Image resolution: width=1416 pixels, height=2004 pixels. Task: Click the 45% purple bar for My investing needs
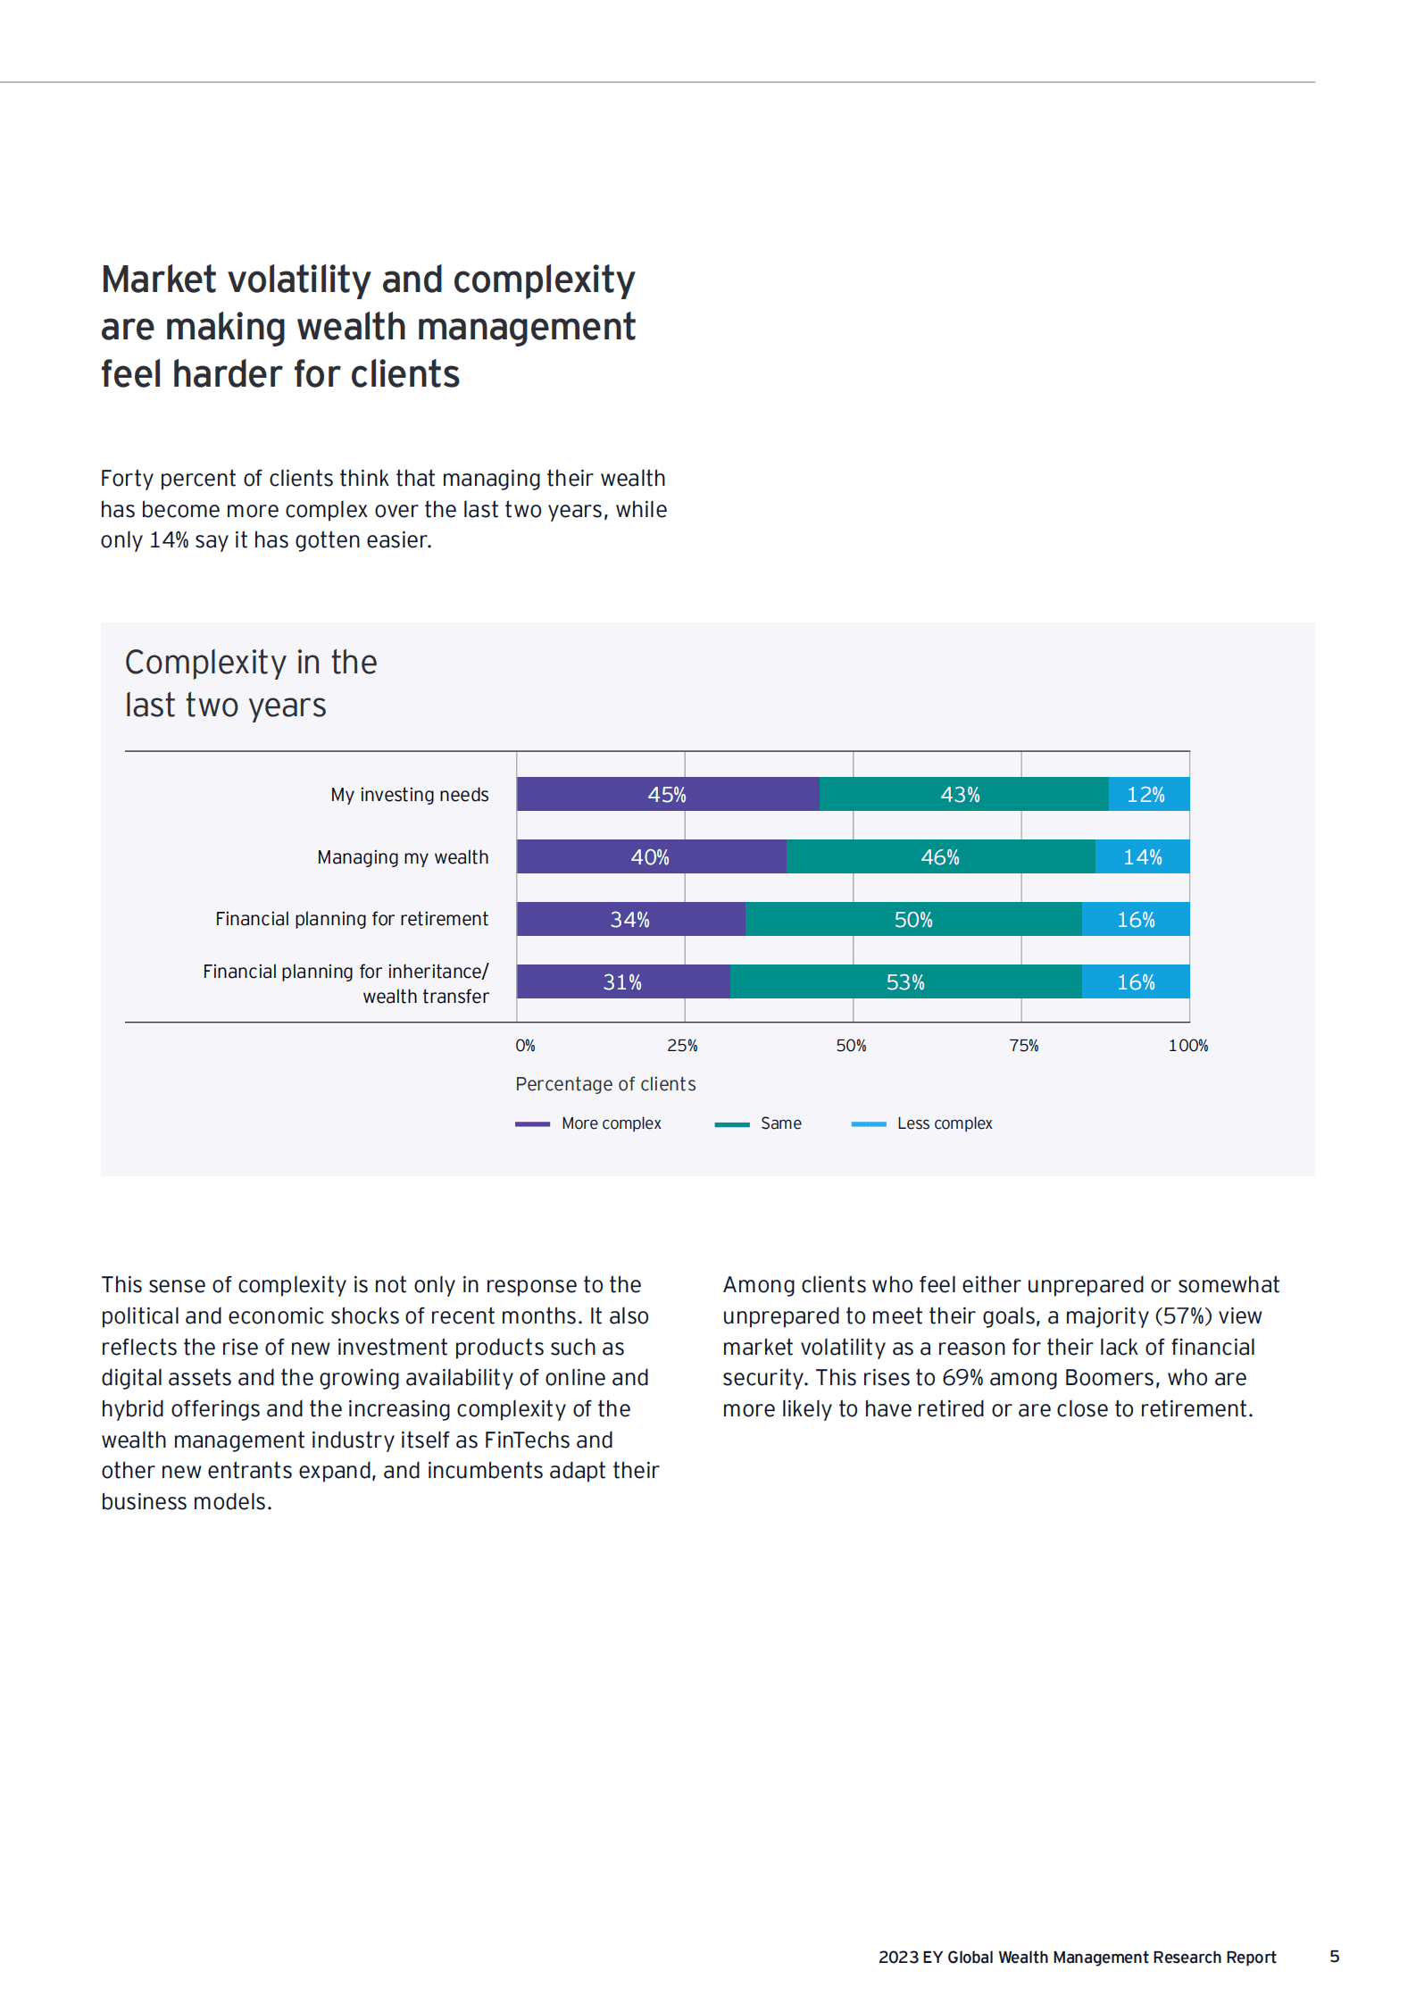click(667, 794)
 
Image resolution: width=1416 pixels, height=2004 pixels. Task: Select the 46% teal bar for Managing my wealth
click(940, 856)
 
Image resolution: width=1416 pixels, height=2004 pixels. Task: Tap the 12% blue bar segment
click(1148, 794)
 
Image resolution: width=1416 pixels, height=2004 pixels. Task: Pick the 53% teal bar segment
click(905, 981)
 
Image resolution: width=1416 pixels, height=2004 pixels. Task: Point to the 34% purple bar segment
click(630, 919)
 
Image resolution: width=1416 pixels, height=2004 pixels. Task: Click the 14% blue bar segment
click(1142, 856)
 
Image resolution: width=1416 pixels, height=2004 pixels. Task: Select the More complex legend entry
click(589, 1123)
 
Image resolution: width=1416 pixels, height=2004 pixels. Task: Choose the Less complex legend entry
click(923, 1123)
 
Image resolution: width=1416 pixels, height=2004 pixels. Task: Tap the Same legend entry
click(759, 1123)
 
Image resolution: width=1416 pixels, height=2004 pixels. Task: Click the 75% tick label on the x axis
click(1023, 1046)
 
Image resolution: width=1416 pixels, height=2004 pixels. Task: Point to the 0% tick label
click(525, 1046)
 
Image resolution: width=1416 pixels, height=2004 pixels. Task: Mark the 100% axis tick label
click(1187, 1046)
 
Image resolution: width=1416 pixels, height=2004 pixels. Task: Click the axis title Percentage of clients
click(605, 1084)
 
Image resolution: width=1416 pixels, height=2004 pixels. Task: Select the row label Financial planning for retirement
click(352, 919)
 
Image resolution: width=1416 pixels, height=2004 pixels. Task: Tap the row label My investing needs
click(410, 795)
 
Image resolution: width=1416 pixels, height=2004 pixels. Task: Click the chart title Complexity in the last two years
click(250, 683)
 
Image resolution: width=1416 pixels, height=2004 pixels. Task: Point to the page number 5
click(1334, 1957)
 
